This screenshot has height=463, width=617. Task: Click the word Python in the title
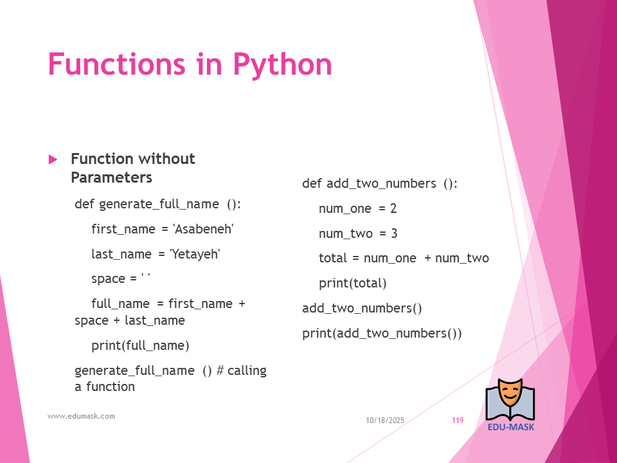coord(283,65)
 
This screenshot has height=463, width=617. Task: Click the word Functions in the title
coord(116,64)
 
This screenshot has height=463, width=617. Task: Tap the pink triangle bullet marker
coord(53,159)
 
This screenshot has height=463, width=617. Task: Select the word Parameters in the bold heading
coord(111,177)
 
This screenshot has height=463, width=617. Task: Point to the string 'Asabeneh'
coord(203,229)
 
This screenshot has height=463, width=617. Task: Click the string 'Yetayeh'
coord(195,254)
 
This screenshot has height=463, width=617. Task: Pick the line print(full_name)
coord(140,346)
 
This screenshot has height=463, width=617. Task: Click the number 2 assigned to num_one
coord(393,208)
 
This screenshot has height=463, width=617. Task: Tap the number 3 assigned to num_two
coord(394,233)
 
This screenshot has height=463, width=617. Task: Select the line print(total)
coord(353,283)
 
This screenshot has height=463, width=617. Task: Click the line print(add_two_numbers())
coord(382,334)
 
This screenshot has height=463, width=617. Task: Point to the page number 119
coord(458,421)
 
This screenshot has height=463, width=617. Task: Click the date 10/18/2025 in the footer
coord(385,421)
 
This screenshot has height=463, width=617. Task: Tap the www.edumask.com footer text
coord(81,416)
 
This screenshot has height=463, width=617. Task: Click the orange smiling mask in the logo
coord(510,395)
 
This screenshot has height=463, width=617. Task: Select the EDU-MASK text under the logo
coord(511,427)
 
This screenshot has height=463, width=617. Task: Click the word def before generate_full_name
coord(85,204)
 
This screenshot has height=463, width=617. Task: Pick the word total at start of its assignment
coord(333,259)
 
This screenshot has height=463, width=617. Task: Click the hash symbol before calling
coord(220,370)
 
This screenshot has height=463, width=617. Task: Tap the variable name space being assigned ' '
coord(108,279)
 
